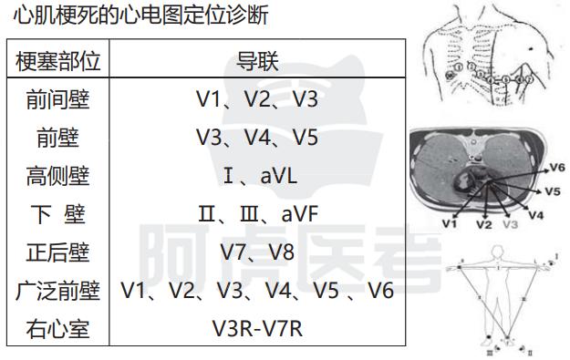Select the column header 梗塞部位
(x=58, y=61)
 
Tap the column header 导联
(x=257, y=61)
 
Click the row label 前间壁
(x=58, y=99)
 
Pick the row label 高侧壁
(x=58, y=176)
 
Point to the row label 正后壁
(x=58, y=252)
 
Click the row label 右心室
(x=58, y=328)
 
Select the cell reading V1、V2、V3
(x=257, y=99)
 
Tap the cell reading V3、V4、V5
(x=257, y=138)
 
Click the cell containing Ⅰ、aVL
(x=257, y=176)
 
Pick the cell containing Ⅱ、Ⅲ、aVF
(x=257, y=214)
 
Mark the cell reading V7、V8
(x=257, y=252)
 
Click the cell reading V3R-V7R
(x=257, y=328)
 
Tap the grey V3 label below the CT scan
(x=510, y=223)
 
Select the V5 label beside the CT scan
(x=552, y=192)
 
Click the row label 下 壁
(x=58, y=214)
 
